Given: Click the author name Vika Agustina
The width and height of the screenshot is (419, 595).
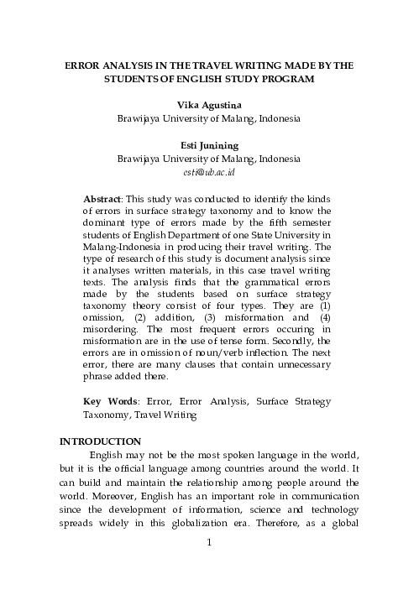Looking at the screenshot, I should point(209,105).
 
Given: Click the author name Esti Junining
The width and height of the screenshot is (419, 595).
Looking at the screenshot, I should point(209,144).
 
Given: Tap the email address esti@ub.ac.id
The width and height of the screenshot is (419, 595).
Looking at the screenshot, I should point(209,171).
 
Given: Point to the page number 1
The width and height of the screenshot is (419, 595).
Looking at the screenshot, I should point(209,565).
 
